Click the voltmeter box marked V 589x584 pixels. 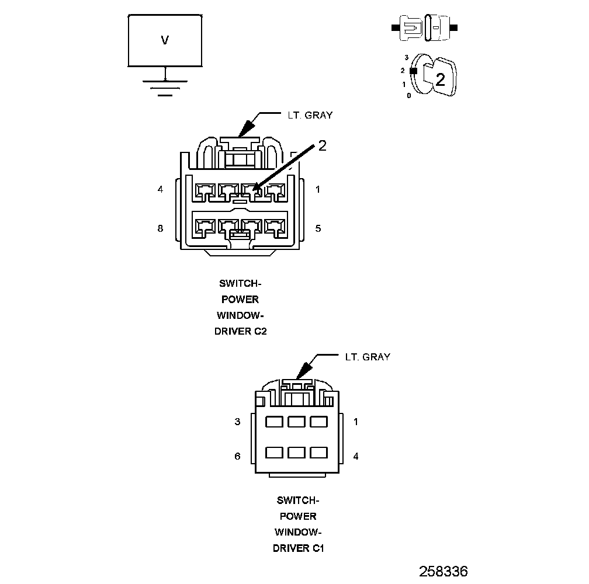click(165, 40)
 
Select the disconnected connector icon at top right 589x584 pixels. click(425, 27)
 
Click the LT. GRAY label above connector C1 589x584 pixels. click(368, 356)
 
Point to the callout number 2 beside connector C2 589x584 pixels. click(322, 146)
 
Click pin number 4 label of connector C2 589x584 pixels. click(160, 189)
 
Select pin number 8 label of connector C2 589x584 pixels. click(160, 228)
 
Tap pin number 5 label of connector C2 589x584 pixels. click(318, 228)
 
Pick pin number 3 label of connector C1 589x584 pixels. click(237, 422)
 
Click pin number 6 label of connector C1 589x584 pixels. click(237, 456)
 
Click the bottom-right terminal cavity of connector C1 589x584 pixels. click(318, 452)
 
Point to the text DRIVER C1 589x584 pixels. click(298, 548)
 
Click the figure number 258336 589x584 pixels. click(443, 571)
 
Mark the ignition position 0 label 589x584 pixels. click(408, 95)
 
